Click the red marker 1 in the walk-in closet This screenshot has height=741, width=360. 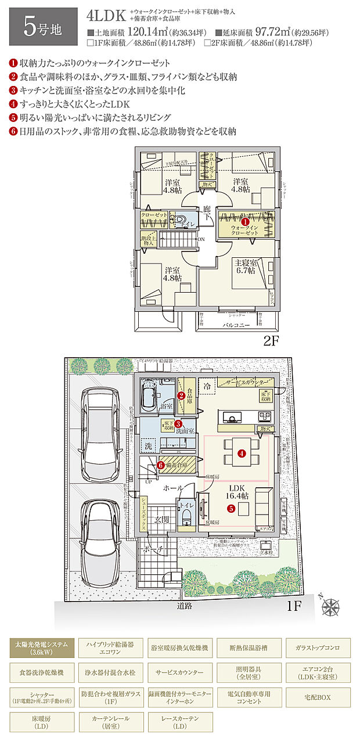click(244, 221)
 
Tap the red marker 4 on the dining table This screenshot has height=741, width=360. click(240, 452)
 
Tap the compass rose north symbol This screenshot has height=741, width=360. click(332, 606)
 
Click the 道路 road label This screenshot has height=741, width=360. click(185, 605)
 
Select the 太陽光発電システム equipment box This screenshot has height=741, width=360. click(41, 648)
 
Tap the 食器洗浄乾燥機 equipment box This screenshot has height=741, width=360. click(41, 672)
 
